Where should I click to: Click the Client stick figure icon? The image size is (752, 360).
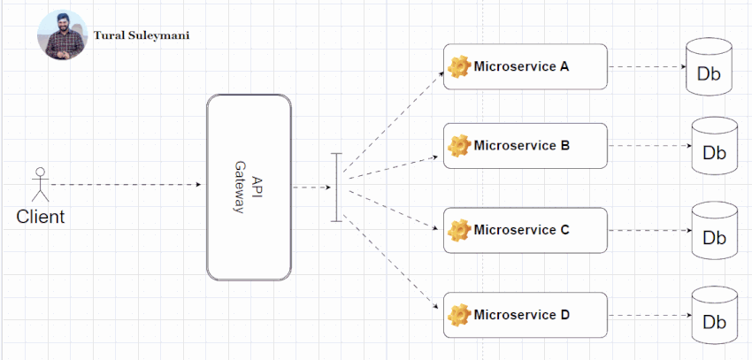(x=39, y=185)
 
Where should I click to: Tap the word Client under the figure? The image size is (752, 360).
(x=41, y=217)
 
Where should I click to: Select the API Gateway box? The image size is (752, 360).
(x=249, y=188)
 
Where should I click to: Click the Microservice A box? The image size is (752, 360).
(x=526, y=66)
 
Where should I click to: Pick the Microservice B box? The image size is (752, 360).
(x=526, y=146)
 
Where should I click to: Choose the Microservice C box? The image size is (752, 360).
(x=526, y=230)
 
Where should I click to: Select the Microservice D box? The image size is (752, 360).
(x=526, y=314)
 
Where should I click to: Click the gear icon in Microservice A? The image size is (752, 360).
(x=458, y=67)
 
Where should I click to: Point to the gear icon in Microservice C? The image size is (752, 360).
(x=458, y=231)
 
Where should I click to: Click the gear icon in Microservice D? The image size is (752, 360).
(x=458, y=315)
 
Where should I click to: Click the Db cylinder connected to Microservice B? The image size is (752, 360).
(x=714, y=147)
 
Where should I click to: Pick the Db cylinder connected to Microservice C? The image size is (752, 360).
(x=714, y=231)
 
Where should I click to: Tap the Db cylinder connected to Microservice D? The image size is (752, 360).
(x=714, y=315)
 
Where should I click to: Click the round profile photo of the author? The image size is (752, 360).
(x=62, y=35)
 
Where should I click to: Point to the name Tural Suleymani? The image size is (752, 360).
(x=142, y=36)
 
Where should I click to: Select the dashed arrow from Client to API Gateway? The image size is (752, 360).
(x=124, y=185)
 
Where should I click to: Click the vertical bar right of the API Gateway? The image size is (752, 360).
(x=336, y=187)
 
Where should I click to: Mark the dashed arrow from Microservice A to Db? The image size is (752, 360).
(x=646, y=67)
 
